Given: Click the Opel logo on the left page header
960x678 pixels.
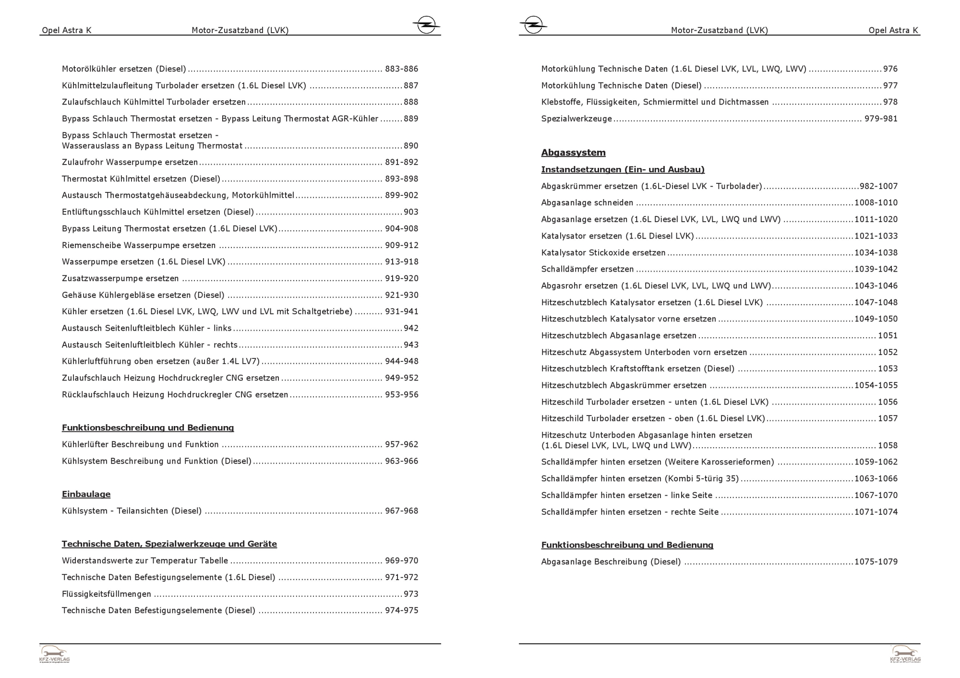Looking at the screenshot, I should tap(426, 24).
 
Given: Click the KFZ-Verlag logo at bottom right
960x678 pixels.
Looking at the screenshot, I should tap(905, 654).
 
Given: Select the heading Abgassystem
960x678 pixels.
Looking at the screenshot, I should tap(573, 153).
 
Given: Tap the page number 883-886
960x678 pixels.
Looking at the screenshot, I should tap(401, 69).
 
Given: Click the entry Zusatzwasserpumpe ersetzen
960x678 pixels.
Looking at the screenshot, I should tap(120, 278).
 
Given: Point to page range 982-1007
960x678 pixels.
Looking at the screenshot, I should tap(878, 186).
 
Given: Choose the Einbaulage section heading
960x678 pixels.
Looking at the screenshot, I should tap(86, 494).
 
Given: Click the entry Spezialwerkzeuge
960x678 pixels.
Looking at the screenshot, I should tap(576, 119).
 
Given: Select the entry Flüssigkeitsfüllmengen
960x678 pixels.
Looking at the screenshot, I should tap(106, 594).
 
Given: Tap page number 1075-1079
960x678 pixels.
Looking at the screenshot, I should tap(876, 562).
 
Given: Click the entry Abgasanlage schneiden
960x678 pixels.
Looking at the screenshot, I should tap(587, 203).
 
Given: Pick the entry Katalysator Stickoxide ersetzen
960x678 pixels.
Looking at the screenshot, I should tap(603, 253).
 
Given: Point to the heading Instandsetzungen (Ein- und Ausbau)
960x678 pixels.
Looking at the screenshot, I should tap(623, 169).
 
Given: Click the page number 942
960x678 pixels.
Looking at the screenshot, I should tap(411, 328).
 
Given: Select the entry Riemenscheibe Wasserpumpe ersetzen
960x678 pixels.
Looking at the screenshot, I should tap(139, 245).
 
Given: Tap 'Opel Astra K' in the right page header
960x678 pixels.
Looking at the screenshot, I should tap(893, 30).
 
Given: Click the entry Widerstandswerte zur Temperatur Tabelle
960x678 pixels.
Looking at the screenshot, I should tap(145, 560).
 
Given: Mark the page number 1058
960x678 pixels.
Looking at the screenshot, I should tap(888, 445).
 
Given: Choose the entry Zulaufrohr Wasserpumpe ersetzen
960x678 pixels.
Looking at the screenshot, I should tap(130, 162).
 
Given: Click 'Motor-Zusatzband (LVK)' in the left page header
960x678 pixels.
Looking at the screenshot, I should tap(240, 30).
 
